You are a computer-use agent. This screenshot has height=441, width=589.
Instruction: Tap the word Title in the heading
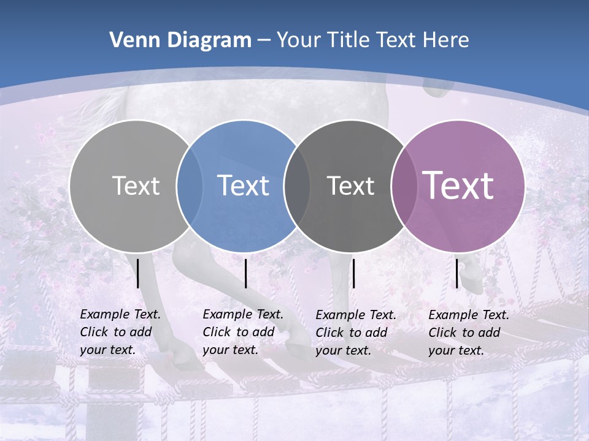[348, 40]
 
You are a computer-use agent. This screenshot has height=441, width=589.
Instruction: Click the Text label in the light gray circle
[136, 186]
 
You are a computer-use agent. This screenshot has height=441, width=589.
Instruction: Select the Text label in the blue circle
[243, 186]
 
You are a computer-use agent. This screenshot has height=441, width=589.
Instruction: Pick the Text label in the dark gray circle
[350, 186]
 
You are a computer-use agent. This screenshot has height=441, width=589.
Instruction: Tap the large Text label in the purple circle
[458, 186]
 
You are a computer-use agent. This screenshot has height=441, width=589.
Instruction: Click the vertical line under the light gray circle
[138, 273]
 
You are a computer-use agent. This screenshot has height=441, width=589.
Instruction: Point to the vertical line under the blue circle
[245, 273]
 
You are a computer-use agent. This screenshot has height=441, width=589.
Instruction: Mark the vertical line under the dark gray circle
[353, 273]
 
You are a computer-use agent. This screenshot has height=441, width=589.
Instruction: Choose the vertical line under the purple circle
[456, 273]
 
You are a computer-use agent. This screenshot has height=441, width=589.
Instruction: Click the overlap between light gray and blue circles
[190, 186]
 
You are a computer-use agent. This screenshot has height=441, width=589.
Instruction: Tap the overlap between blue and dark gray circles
[297, 186]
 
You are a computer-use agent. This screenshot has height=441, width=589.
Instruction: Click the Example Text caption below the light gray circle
[120, 332]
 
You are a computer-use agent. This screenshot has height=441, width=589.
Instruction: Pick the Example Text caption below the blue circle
[243, 332]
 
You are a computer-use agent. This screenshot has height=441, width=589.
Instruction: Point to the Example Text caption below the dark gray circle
[356, 333]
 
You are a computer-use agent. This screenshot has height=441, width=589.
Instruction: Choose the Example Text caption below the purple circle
[469, 333]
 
